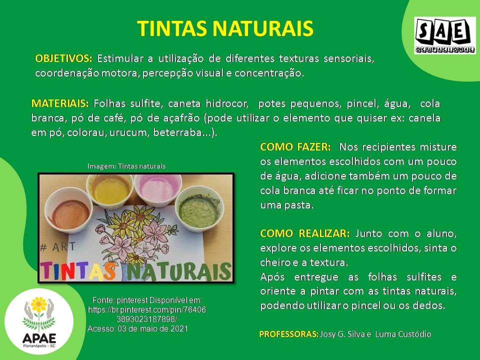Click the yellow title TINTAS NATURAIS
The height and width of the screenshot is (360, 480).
point(225,28)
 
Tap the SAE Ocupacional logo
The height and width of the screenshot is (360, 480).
point(445,36)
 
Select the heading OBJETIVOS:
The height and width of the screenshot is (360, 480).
point(63,58)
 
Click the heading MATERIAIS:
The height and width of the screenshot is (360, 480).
point(60,103)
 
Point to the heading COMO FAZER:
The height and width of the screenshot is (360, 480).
point(295,147)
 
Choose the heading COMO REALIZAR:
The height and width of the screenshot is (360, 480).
point(304,233)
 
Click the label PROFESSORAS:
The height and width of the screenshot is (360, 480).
point(288,334)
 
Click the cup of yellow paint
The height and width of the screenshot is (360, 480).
point(109,189)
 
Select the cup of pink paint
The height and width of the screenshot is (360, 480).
point(157,189)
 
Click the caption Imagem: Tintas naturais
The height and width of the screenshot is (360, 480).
point(126,166)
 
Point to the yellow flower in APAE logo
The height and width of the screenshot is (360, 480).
point(39,304)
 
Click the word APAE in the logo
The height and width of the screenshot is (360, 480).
point(39,338)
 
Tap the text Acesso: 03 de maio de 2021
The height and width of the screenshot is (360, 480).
point(137,329)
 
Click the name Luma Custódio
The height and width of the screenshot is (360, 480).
point(403,334)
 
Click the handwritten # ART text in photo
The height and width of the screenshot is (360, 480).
point(58,246)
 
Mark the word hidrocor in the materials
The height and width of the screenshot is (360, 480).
point(227,103)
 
